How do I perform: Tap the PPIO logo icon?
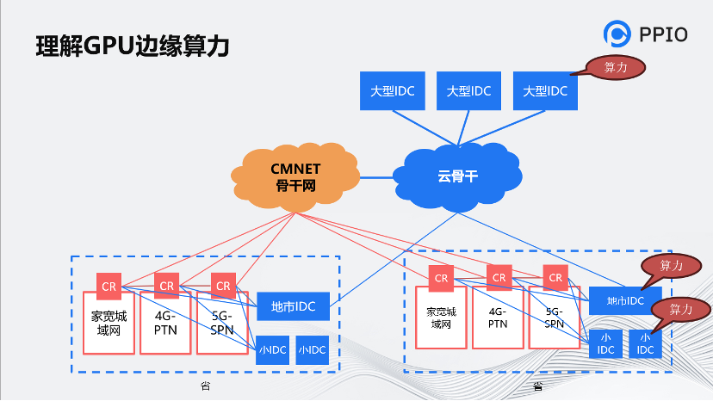pyautogui.click(x=618, y=34)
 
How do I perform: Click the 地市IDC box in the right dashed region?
pyautogui.click(x=625, y=300)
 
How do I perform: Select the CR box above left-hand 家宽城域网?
pyautogui.click(x=108, y=286)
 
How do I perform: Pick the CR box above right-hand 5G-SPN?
pyautogui.click(x=555, y=278)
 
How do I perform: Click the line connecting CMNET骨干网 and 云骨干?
pyautogui.click(x=376, y=178)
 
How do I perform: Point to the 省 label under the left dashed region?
pyautogui.click(x=205, y=386)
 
